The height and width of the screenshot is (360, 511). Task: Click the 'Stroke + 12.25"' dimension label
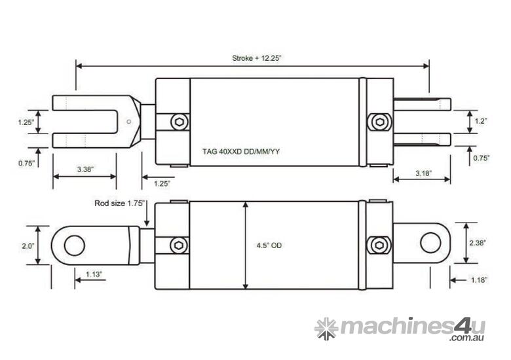point(252,58)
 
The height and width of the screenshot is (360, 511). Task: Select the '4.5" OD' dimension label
point(269,245)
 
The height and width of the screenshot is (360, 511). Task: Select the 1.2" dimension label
point(482,121)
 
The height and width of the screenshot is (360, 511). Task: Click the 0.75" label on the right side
point(482,158)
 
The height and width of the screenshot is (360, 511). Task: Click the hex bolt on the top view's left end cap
point(179,122)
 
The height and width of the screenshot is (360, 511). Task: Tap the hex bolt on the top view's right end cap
point(378,122)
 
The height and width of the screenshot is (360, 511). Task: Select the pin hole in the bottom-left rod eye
point(75,245)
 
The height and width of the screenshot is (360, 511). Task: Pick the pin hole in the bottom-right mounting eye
point(430,242)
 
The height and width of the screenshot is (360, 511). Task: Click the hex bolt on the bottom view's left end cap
point(179,245)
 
